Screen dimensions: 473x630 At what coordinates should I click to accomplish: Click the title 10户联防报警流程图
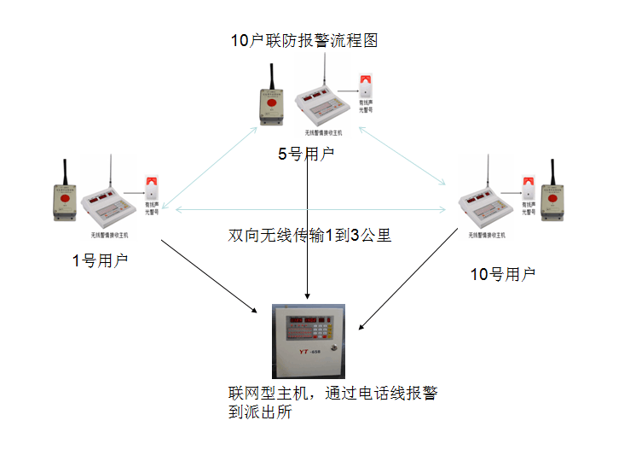point(303,40)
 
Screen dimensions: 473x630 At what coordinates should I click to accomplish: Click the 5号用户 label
point(306,155)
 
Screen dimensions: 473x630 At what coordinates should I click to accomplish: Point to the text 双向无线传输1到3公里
point(309,235)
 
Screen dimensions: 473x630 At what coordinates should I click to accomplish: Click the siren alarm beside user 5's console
point(365,90)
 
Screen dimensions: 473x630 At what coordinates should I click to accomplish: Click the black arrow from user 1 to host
point(208,275)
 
